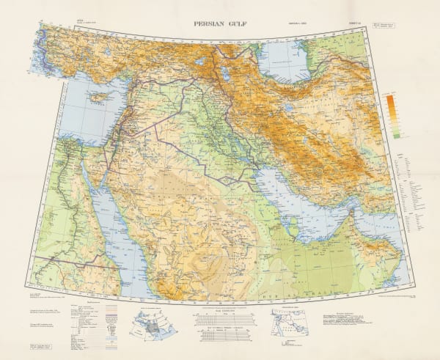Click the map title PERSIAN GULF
220,23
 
